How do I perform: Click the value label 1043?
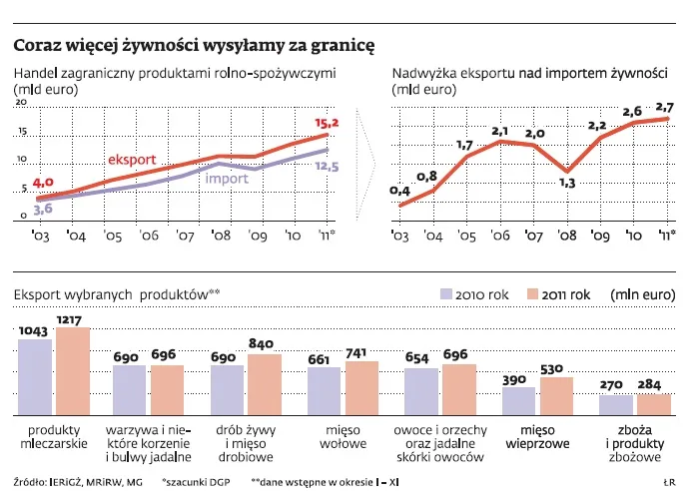(34, 331)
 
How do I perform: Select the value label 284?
(654, 384)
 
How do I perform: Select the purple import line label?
(227, 179)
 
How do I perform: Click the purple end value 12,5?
(327, 167)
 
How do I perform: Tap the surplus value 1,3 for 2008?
(566, 183)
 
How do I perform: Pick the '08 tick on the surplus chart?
(566, 237)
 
